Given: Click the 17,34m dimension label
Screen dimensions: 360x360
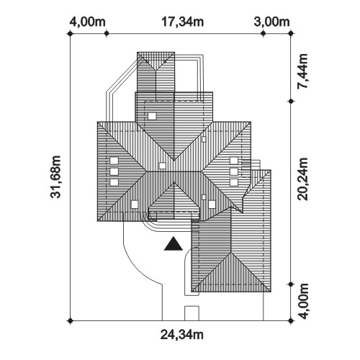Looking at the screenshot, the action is point(183,22).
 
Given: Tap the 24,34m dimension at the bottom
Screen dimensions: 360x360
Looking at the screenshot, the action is point(182,335).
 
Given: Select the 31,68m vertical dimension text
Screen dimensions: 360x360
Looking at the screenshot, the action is point(56,177).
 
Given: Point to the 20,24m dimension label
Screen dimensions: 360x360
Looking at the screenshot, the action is point(302,179).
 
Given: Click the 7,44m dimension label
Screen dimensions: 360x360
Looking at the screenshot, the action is point(302,72).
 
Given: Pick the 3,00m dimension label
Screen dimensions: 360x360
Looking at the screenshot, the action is point(272,22).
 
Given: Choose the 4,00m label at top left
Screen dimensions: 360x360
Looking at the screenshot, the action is point(88,22).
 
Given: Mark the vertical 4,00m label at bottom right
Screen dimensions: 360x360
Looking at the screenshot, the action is point(303,301).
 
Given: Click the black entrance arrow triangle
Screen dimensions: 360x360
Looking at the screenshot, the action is point(174,245).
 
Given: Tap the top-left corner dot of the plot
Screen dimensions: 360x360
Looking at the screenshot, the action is point(70,34).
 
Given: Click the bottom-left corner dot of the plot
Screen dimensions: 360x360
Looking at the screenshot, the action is point(70,320).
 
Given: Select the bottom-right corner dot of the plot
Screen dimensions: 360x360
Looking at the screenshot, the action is point(291,320).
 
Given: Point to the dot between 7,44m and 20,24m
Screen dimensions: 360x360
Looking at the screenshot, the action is point(291,102).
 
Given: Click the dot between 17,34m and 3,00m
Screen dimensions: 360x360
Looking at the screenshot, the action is point(263,34).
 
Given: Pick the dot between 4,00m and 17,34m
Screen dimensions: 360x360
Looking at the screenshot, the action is point(107,34).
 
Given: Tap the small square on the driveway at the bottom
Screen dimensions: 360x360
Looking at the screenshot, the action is point(192,313).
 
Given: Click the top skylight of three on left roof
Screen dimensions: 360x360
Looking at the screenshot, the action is point(114,161).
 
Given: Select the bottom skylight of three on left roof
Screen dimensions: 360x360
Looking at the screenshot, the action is point(114,182).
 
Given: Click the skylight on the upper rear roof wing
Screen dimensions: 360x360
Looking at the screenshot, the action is point(152,117).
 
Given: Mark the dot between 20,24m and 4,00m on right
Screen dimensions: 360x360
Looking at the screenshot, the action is point(291,284).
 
